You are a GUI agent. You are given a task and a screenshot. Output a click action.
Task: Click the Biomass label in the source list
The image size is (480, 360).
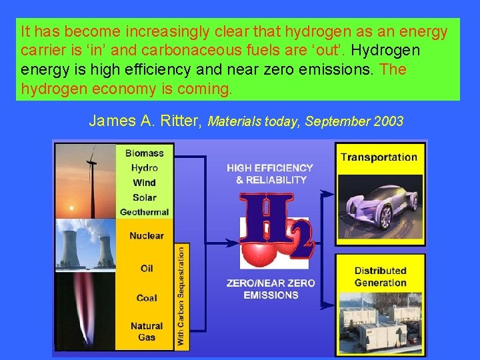[145, 154]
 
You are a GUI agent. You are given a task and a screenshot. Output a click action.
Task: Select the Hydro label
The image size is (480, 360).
[145, 168]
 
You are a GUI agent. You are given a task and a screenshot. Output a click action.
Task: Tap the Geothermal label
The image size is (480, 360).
[145, 212]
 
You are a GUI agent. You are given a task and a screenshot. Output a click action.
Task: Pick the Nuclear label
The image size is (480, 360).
[147, 236]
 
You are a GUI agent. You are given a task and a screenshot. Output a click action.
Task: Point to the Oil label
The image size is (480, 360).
[147, 268]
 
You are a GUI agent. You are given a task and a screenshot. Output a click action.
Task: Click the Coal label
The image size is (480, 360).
[147, 297]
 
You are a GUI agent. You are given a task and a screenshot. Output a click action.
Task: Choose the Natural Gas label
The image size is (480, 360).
[147, 331]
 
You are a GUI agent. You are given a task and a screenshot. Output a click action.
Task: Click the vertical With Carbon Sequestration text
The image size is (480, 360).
[181, 295]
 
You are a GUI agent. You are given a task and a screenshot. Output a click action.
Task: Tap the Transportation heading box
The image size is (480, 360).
[379, 157]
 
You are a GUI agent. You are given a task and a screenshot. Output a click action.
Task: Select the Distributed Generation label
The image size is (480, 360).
[380, 277]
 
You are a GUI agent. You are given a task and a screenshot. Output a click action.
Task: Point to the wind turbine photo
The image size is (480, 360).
[87, 180]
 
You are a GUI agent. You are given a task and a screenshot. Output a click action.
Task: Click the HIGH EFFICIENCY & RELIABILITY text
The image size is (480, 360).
[270, 173]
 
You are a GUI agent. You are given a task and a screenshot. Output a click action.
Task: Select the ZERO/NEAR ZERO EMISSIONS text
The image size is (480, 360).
[270, 289]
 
